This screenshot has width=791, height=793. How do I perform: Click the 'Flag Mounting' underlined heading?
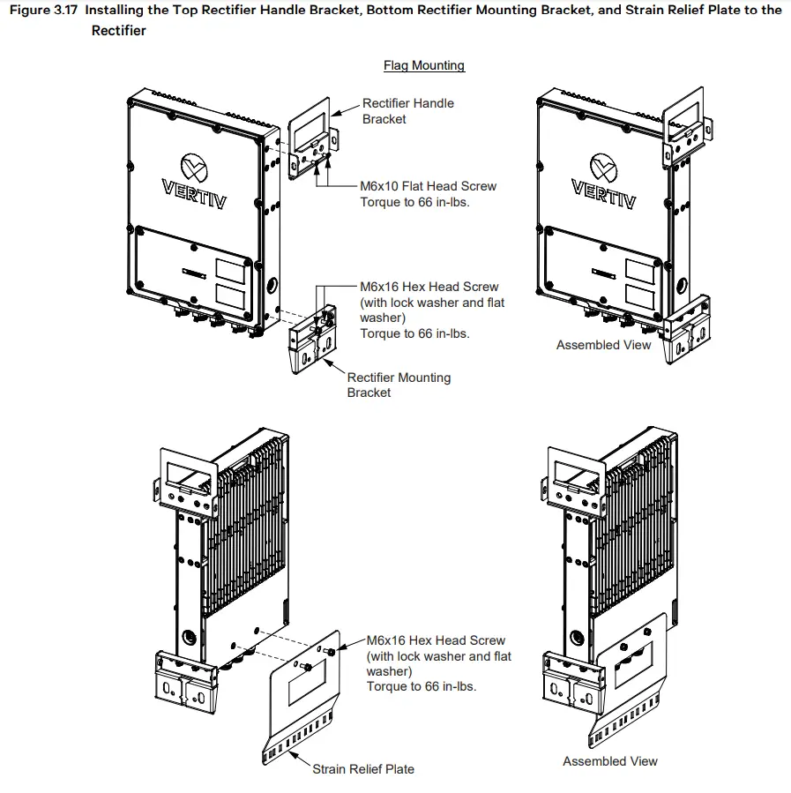point(423,65)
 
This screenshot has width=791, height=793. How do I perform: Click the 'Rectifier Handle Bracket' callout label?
point(407,111)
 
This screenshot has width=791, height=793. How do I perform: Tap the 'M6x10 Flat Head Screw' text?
point(428,186)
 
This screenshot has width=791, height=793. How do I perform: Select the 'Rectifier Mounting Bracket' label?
point(398,385)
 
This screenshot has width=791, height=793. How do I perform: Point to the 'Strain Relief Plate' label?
point(362,769)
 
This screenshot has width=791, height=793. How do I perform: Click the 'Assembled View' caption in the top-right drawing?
point(603,345)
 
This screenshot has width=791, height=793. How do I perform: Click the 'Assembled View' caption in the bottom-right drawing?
point(609,761)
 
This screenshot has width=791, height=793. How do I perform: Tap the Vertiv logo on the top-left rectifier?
point(194,181)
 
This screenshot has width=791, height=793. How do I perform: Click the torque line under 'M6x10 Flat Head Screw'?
point(414,202)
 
